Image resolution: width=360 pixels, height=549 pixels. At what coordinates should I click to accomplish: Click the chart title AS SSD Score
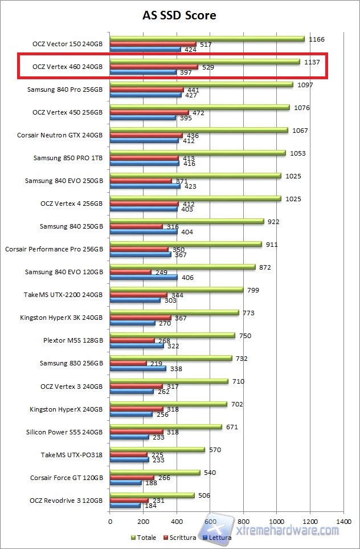179,15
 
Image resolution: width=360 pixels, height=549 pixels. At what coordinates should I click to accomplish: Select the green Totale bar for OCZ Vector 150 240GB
207,39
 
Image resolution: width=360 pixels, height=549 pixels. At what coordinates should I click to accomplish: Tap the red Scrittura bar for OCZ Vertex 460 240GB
154,67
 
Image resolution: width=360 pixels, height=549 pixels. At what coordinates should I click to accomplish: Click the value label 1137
312,62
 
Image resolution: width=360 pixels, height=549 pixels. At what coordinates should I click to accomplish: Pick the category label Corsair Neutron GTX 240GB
60,135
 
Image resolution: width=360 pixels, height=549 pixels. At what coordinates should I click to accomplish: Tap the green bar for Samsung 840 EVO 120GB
182,267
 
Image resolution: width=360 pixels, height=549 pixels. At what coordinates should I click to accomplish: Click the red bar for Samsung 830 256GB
128,363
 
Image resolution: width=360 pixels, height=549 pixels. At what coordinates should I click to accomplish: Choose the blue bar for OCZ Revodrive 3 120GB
125,505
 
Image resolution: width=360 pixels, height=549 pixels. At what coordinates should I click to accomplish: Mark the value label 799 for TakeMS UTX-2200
253,290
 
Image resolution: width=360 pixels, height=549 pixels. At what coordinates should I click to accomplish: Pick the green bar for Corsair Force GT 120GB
155,472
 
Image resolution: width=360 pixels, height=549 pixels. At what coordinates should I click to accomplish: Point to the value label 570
215,450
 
